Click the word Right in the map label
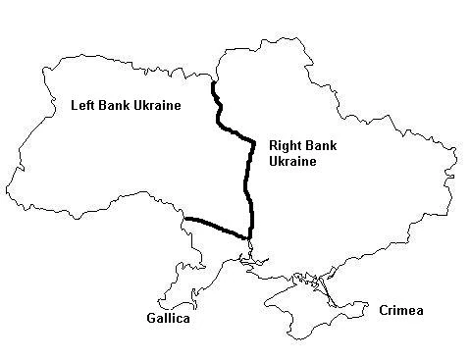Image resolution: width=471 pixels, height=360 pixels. pos(286,144)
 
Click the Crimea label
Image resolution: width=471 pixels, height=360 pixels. pos(400,310)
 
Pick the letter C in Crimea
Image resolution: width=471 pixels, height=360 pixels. pos(383,310)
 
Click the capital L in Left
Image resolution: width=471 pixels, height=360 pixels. pos(74,105)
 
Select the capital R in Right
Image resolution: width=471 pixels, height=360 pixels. pos(273,144)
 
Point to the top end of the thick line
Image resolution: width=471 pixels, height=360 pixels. pos(213,82)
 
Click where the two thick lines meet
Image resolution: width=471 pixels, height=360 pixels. pos(246,236)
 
